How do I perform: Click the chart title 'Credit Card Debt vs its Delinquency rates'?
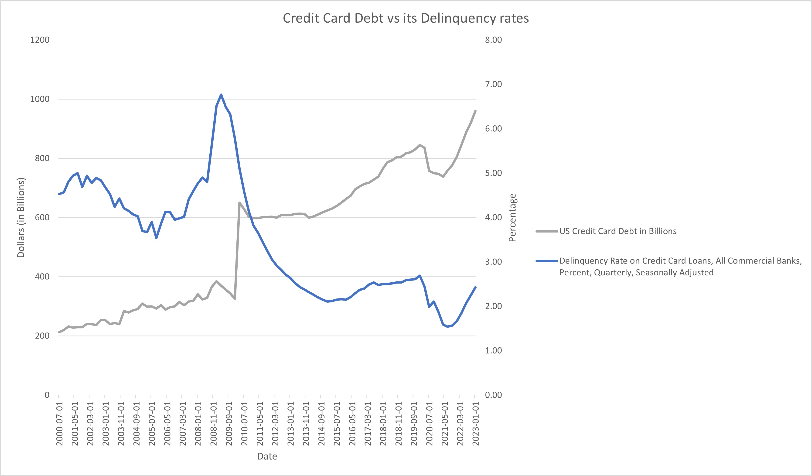[406, 18]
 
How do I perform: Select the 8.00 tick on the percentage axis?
[493, 40]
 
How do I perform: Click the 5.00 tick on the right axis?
[493, 173]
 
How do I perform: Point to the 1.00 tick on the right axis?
[493, 351]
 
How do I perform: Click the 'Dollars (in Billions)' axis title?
[21, 218]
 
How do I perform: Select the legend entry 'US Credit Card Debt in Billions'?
[618, 231]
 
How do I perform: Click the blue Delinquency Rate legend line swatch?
[547, 261]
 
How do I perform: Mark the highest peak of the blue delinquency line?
[221, 94]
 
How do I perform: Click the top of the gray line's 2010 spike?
[239, 203]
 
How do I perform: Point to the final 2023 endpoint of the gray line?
[475, 111]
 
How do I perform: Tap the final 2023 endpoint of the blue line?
[475, 287]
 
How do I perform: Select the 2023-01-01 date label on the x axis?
[475, 424]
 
